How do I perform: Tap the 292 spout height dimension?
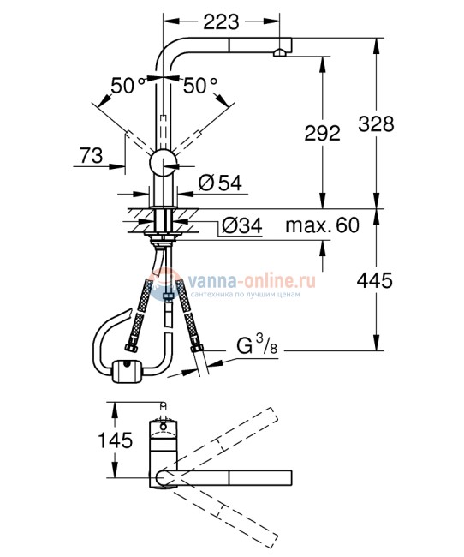323,133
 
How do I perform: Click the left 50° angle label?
128,85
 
